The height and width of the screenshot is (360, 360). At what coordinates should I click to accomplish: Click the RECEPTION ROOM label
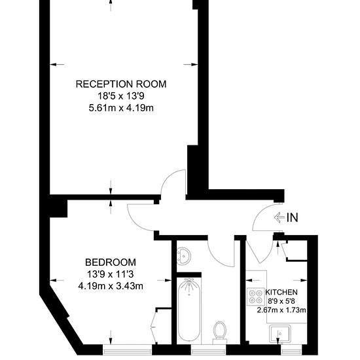click(121, 84)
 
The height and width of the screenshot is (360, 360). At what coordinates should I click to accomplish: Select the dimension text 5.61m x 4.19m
click(121, 108)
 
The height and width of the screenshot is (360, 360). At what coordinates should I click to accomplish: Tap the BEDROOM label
click(111, 262)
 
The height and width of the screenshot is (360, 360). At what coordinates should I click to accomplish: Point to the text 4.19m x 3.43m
click(111, 286)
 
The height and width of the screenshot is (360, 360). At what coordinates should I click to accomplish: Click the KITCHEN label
click(281, 293)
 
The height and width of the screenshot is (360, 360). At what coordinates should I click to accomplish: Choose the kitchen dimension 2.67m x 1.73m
click(281, 310)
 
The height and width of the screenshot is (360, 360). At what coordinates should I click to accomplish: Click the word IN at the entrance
click(293, 217)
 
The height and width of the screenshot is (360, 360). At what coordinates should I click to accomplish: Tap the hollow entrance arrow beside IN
click(279, 217)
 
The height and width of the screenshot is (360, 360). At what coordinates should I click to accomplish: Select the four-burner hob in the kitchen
click(256, 297)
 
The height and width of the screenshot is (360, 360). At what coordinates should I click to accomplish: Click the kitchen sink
click(280, 334)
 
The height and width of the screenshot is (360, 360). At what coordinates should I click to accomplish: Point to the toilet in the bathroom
click(220, 333)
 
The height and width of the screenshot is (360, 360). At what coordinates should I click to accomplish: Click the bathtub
click(189, 311)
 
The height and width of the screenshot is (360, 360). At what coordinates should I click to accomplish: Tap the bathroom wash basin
click(184, 256)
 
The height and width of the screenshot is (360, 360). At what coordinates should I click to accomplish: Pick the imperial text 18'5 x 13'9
click(121, 96)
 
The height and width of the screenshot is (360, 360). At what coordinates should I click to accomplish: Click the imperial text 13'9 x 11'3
click(111, 274)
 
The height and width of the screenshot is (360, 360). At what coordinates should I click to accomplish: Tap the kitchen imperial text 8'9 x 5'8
click(281, 301)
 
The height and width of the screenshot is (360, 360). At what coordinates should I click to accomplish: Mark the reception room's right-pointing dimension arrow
click(190, 65)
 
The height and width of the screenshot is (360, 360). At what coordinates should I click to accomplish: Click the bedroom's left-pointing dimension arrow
click(57, 280)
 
